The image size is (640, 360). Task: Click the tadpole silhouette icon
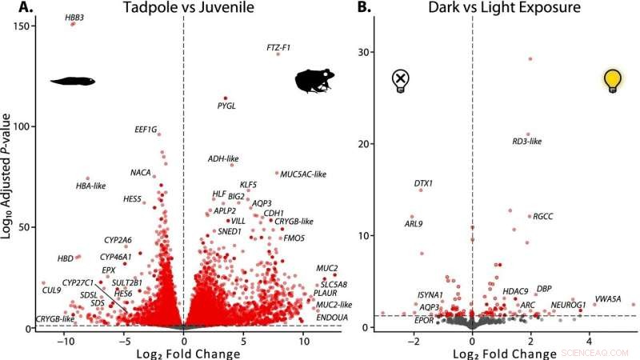pyautogui.click(x=72, y=80)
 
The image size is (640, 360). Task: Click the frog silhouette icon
pyautogui.click(x=315, y=81)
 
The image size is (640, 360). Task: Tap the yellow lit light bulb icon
pyautogui.click(x=612, y=80)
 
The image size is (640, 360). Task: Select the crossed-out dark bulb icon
pyautogui.click(x=401, y=80)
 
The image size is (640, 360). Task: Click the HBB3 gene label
pyautogui.click(x=74, y=17)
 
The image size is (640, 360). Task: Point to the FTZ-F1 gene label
pyautogui.click(x=278, y=48)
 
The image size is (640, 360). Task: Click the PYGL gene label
pyautogui.click(x=227, y=105)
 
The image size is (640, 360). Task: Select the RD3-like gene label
pyautogui.click(x=527, y=142)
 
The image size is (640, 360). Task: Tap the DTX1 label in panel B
pyautogui.click(x=423, y=183)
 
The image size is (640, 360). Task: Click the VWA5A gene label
pyautogui.click(x=607, y=298)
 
